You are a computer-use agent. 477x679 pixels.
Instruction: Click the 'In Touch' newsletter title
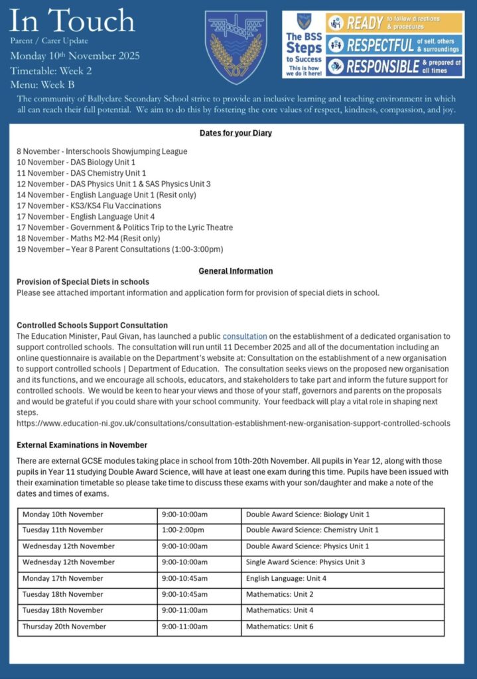point(72,23)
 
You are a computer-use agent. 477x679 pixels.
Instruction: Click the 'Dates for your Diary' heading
point(236,133)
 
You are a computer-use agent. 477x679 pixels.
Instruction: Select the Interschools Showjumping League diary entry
point(102,151)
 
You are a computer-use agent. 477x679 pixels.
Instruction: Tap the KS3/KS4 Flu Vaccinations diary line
point(89,206)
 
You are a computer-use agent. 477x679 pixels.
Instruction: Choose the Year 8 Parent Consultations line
point(119,249)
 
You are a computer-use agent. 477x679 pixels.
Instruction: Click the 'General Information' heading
point(236,271)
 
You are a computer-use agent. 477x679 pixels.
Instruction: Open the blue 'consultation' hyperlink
point(245,336)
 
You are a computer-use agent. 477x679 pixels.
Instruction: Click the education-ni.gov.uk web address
point(233,422)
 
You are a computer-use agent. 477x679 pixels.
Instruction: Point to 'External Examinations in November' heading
point(82,444)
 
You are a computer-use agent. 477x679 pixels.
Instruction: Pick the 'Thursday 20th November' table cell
point(64,626)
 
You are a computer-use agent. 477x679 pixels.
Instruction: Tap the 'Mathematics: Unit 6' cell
point(279,626)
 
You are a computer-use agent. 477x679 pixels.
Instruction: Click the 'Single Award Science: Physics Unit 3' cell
point(305,562)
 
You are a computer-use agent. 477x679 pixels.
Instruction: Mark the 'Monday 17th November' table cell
point(63,578)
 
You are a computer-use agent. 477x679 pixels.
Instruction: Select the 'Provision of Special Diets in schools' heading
point(83,282)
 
